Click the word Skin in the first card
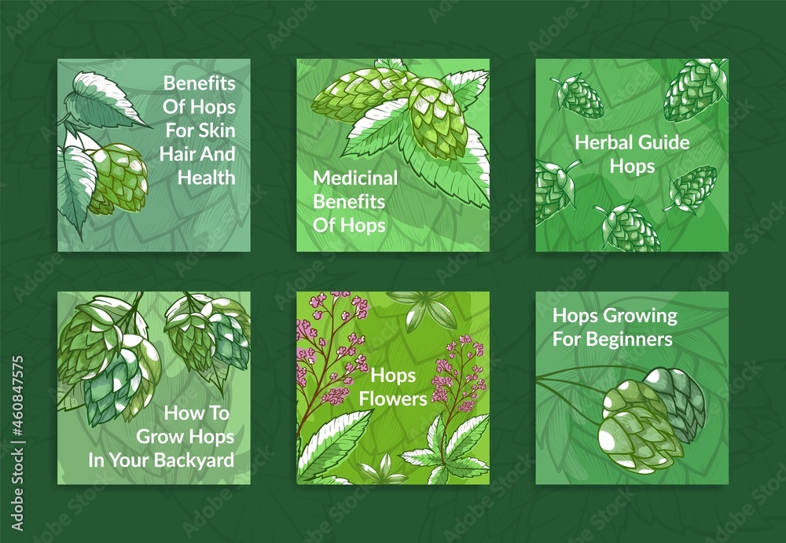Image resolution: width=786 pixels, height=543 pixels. click(x=217, y=130)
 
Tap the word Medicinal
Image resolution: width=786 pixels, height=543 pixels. click(x=355, y=178)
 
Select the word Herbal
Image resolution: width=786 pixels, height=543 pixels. click(x=603, y=142)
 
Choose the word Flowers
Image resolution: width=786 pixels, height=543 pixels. click(x=393, y=399)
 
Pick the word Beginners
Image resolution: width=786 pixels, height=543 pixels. click(x=629, y=339)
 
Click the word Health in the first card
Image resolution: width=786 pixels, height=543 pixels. click(x=206, y=178)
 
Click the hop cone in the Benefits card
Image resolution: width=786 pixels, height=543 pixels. click(x=118, y=178)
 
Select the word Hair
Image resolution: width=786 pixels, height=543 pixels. click(x=177, y=154)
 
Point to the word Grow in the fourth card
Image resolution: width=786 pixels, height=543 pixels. click(x=163, y=437)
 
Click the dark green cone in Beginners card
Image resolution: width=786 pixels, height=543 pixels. click(x=680, y=401)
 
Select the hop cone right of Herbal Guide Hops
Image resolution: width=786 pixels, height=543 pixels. click(x=693, y=189)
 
